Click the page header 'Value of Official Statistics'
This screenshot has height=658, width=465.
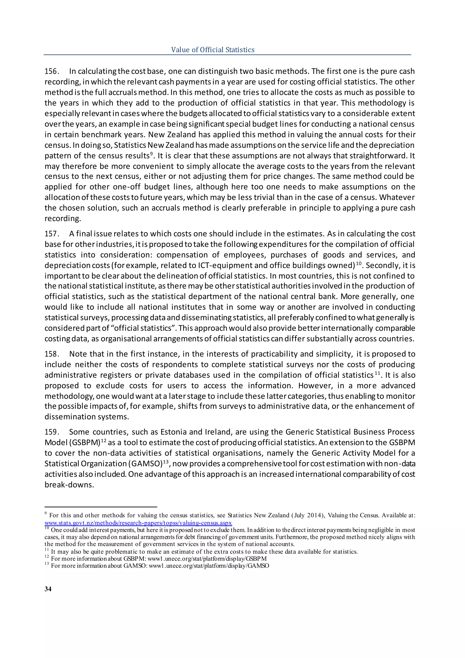(213, 50)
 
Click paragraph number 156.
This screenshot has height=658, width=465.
(52, 71)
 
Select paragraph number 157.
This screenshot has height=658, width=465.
(52, 234)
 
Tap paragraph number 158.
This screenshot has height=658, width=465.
(52, 354)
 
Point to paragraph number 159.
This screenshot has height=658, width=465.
(52, 432)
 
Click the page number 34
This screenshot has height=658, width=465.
(48, 589)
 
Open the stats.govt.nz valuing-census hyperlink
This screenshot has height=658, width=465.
(138, 523)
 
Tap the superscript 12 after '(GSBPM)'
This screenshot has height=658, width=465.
(103, 441)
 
